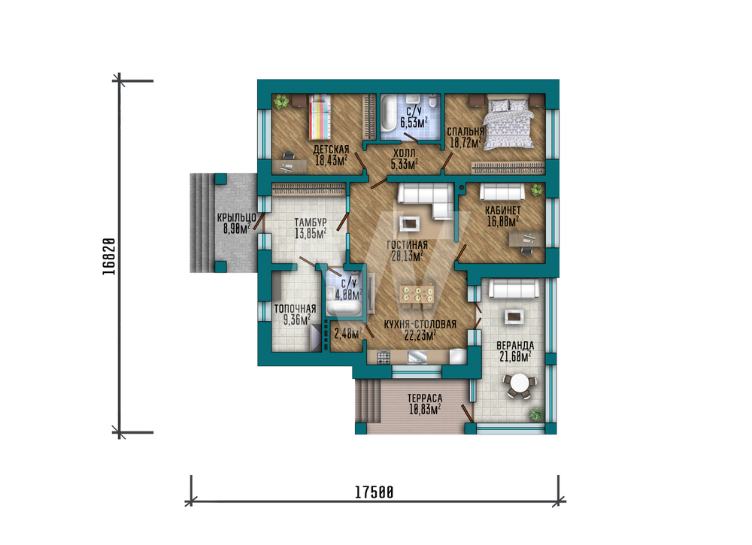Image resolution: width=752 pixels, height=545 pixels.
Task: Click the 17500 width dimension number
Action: click(x=374, y=492)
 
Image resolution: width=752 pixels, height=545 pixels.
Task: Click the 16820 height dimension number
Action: click(x=109, y=256)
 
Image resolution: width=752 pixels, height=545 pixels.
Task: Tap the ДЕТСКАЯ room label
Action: click(x=331, y=149)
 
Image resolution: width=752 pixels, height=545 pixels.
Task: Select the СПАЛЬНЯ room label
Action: click(x=465, y=132)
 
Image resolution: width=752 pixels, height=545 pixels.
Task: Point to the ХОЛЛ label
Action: click(x=405, y=153)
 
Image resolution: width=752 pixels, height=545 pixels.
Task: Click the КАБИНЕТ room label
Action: click(x=502, y=210)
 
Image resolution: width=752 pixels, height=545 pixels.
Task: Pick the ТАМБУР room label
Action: click(x=311, y=223)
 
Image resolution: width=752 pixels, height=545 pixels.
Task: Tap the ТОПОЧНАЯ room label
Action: click(x=295, y=309)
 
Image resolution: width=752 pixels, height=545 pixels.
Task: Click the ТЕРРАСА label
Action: click(x=425, y=398)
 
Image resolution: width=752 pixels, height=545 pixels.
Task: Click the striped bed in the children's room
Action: click(x=320, y=117)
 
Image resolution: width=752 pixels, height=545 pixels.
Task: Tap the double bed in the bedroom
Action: click(x=509, y=123)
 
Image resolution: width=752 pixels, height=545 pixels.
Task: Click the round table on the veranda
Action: click(x=520, y=384)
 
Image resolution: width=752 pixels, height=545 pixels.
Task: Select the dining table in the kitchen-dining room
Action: click(x=417, y=295)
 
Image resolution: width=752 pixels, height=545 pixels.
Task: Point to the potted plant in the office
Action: click(x=537, y=190)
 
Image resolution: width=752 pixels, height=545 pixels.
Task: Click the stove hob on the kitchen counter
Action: click(x=384, y=357)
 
